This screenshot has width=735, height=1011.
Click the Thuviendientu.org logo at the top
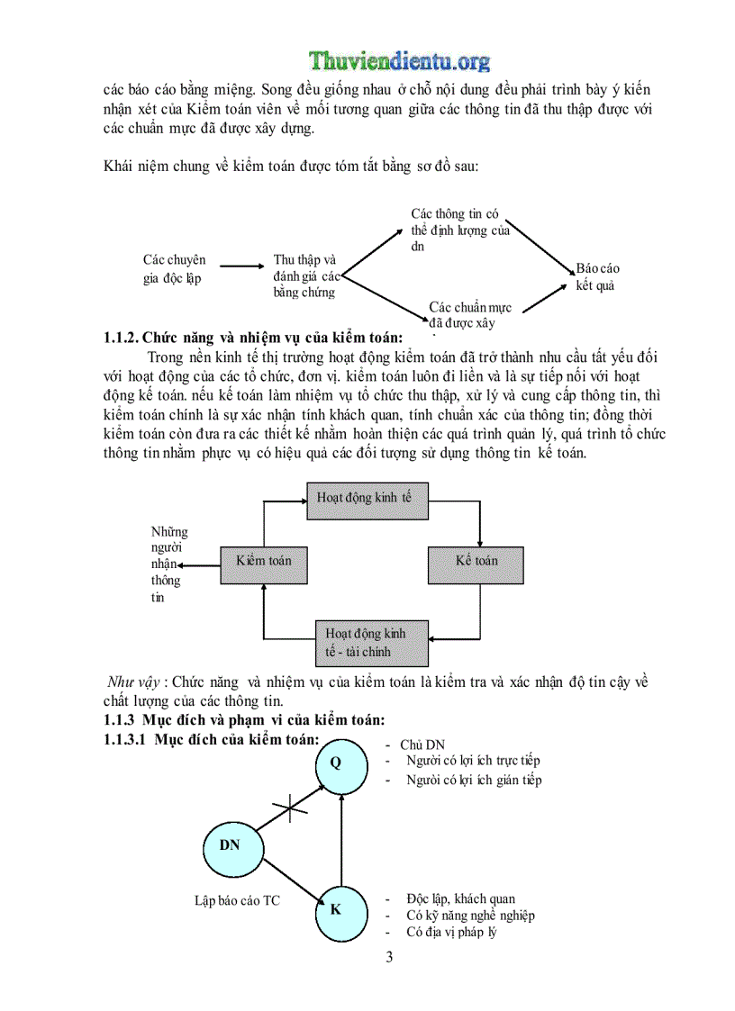(400, 61)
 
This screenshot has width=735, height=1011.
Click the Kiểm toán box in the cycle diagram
(263, 561)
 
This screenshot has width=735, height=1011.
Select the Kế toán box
(476, 561)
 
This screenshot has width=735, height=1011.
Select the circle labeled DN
(229, 845)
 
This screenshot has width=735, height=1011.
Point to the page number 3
(389, 957)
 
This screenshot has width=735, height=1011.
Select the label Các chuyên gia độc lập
(174, 269)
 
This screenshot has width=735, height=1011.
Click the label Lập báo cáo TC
(237, 899)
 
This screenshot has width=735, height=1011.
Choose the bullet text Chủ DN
(422, 745)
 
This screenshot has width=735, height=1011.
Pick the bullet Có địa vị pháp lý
(451, 932)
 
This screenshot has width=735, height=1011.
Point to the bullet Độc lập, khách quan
(460, 898)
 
